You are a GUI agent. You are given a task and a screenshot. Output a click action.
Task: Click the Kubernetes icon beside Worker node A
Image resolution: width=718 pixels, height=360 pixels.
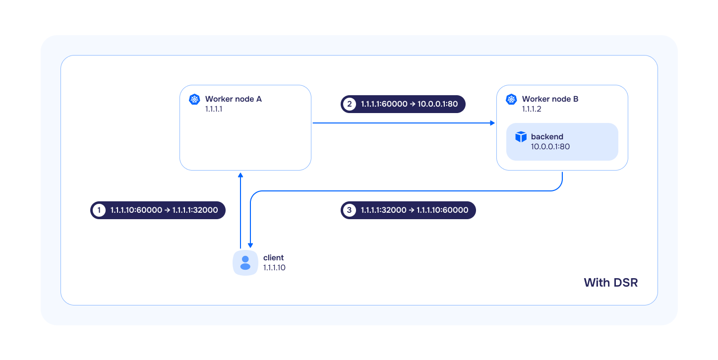coord(194,99)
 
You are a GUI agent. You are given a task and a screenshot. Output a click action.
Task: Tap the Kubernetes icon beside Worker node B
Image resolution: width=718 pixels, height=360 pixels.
coord(511,99)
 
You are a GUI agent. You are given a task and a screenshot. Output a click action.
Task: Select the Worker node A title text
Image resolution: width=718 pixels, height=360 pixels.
coord(233,99)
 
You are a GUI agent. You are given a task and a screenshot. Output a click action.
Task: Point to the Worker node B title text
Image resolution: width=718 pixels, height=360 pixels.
coord(550,99)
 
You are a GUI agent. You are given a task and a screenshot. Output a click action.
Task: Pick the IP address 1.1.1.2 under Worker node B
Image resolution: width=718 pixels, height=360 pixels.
coord(531,109)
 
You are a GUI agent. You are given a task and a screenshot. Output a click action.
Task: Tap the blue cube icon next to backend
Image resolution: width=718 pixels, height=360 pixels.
coord(521,137)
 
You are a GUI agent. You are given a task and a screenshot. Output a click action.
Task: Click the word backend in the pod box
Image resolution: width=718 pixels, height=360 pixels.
coord(547,137)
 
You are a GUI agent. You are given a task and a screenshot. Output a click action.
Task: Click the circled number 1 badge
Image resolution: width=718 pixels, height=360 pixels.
coord(99,210)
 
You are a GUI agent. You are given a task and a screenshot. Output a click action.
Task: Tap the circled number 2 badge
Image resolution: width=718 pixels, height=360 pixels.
coord(350,104)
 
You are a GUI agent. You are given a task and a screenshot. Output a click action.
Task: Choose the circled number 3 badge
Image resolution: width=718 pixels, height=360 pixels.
coord(350,210)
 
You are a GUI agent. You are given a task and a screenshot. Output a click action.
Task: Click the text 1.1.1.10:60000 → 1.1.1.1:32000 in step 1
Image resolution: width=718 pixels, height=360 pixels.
coord(164,210)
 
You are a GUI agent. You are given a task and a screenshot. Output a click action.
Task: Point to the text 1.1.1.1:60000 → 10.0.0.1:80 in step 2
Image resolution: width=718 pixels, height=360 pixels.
coord(409,104)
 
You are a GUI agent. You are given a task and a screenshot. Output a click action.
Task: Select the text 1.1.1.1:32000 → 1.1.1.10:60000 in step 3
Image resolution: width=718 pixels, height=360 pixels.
coord(415,210)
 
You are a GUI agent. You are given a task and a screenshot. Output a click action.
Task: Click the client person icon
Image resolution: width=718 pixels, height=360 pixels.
coord(245,263)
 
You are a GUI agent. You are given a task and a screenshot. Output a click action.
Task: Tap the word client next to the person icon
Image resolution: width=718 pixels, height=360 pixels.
coord(273,258)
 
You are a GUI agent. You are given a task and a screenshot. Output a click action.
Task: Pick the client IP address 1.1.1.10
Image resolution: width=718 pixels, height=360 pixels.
coord(274,268)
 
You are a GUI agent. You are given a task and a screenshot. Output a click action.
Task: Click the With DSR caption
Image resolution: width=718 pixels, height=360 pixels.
coord(610,283)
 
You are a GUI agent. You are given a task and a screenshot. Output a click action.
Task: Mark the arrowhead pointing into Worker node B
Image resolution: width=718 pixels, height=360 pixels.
coord(492,123)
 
